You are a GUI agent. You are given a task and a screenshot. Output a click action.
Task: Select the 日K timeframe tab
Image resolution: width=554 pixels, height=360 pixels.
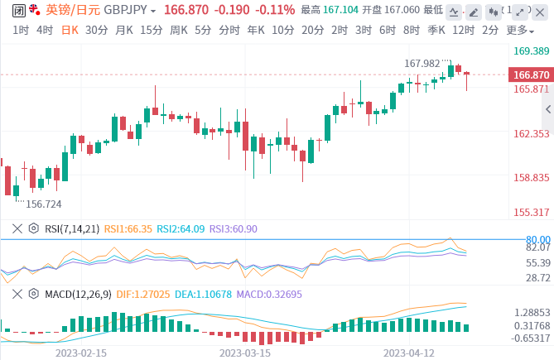pos(69,30)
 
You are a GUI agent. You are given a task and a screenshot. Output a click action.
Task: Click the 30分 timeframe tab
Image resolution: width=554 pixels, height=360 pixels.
pos(96,30)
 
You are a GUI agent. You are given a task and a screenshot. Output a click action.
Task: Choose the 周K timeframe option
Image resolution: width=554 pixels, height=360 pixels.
pos(179,30)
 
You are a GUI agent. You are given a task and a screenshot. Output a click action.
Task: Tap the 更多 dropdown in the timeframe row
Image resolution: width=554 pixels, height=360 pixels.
pos(518,30)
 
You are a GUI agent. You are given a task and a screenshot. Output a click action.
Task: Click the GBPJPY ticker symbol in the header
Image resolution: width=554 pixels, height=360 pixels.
pos(124,10)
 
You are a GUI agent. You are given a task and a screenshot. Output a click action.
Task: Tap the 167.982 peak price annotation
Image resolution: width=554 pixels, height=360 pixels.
pos(422,63)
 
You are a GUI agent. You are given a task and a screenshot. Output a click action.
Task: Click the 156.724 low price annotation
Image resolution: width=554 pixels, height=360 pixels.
pos(43,204)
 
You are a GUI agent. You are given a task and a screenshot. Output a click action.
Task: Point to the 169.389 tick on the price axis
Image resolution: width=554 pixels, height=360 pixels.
pos(532,50)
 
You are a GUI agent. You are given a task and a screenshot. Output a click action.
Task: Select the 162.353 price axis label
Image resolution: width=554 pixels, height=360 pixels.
pos(532,133)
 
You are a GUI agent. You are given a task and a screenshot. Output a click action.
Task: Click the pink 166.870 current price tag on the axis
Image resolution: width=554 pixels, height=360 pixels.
pos(532,74)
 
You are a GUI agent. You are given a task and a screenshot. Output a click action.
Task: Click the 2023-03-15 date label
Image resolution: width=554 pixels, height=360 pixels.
pos(245,353)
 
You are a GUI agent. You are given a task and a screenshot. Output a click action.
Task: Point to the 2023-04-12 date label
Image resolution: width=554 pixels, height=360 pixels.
pos(408,353)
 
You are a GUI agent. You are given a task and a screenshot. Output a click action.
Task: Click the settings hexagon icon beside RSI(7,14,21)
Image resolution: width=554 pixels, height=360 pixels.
pos(33,228)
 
